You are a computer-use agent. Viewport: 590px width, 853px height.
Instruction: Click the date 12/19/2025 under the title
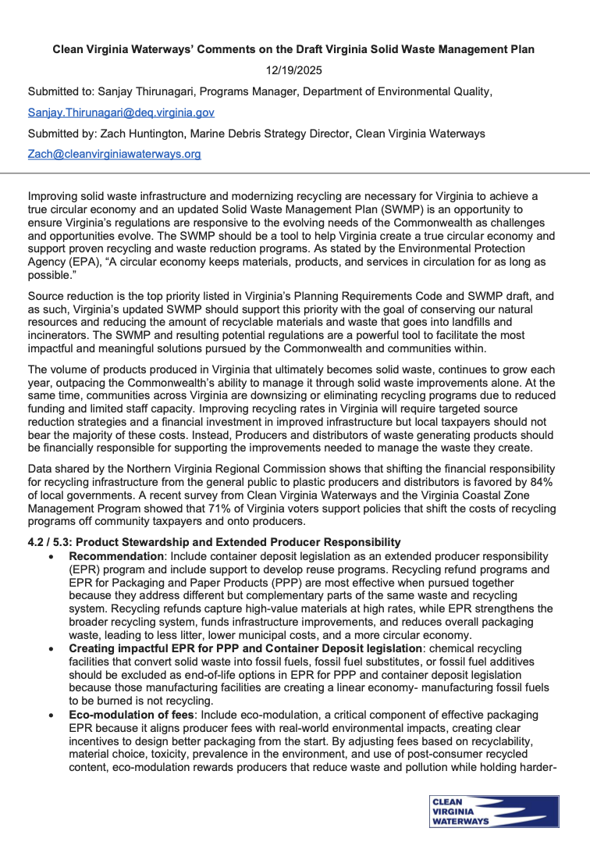pos(294,70)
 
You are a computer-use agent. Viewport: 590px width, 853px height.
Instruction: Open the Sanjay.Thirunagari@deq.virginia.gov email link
pos(121,112)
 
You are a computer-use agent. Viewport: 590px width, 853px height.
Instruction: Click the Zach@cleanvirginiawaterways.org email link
pos(114,154)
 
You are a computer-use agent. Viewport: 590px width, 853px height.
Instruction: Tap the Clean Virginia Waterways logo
pos(493,811)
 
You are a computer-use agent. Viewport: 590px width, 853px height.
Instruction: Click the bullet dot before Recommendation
pos(52,555)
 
